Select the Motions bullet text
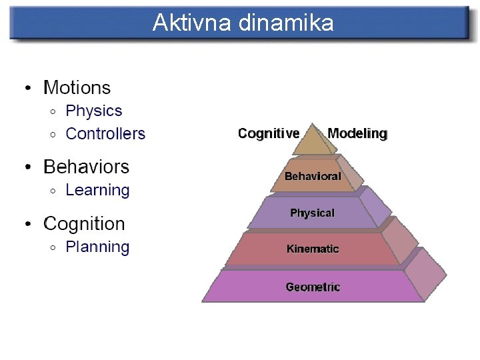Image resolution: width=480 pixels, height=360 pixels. [77, 87]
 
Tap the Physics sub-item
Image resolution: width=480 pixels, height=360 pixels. [94, 111]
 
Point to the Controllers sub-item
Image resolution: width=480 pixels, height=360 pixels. [105, 133]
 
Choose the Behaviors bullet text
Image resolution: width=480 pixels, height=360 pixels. [86, 166]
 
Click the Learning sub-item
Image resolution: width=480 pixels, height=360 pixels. [97, 190]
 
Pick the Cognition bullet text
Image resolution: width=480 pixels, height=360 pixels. [84, 223]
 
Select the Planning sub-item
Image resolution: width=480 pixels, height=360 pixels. [97, 247]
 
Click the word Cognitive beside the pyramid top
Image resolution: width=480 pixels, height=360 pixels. [269, 133]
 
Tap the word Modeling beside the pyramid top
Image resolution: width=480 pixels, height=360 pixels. [357, 133]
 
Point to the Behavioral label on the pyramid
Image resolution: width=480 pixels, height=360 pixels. [313, 177]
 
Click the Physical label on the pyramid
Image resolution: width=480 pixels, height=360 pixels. [312, 213]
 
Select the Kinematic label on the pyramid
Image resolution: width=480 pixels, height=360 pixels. [313, 249]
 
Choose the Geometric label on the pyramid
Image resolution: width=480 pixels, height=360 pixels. [313, 287]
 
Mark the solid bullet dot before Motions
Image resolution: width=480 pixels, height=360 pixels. [27, 89]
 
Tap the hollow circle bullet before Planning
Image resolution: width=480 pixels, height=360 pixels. [53, 248]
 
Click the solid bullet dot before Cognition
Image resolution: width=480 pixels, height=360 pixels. [27, 225]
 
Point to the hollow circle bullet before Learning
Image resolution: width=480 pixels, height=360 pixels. [53, 191]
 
